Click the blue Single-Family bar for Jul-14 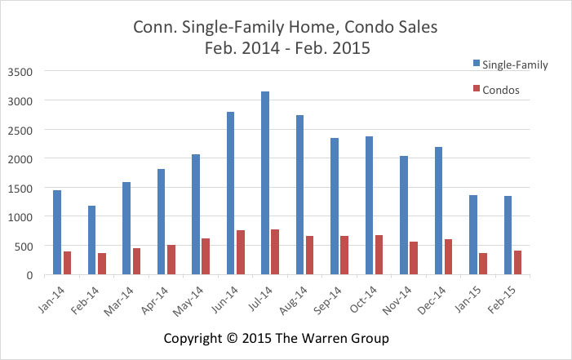pos(265,184)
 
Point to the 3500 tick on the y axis pos(21,72)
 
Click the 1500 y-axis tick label pos(21,189)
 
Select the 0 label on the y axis pos(29,276)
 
